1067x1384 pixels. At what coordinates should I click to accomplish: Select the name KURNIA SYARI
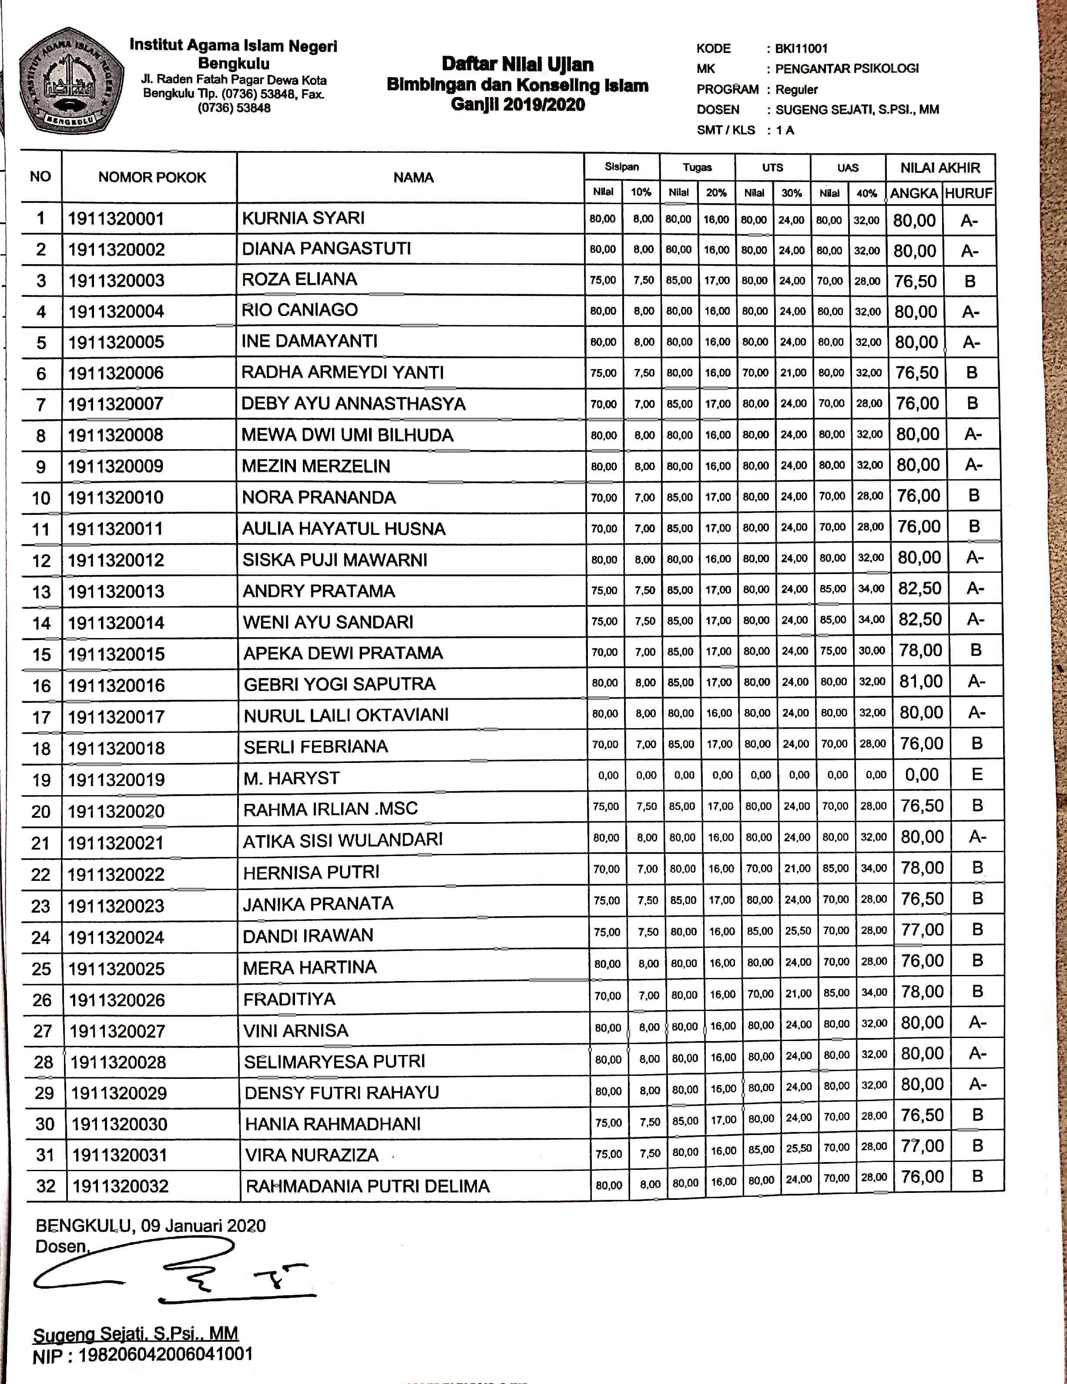303,218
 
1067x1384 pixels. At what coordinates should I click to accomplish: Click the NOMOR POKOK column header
152,178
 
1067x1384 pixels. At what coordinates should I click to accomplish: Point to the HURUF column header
968,193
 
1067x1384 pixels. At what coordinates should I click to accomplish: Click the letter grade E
976,774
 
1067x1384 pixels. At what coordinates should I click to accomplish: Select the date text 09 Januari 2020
203,1225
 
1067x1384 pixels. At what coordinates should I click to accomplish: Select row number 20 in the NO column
41,811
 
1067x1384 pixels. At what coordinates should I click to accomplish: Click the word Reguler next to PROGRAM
796,89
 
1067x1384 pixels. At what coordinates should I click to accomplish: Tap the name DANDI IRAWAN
308,935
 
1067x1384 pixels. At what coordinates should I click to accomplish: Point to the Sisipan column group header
621,167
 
